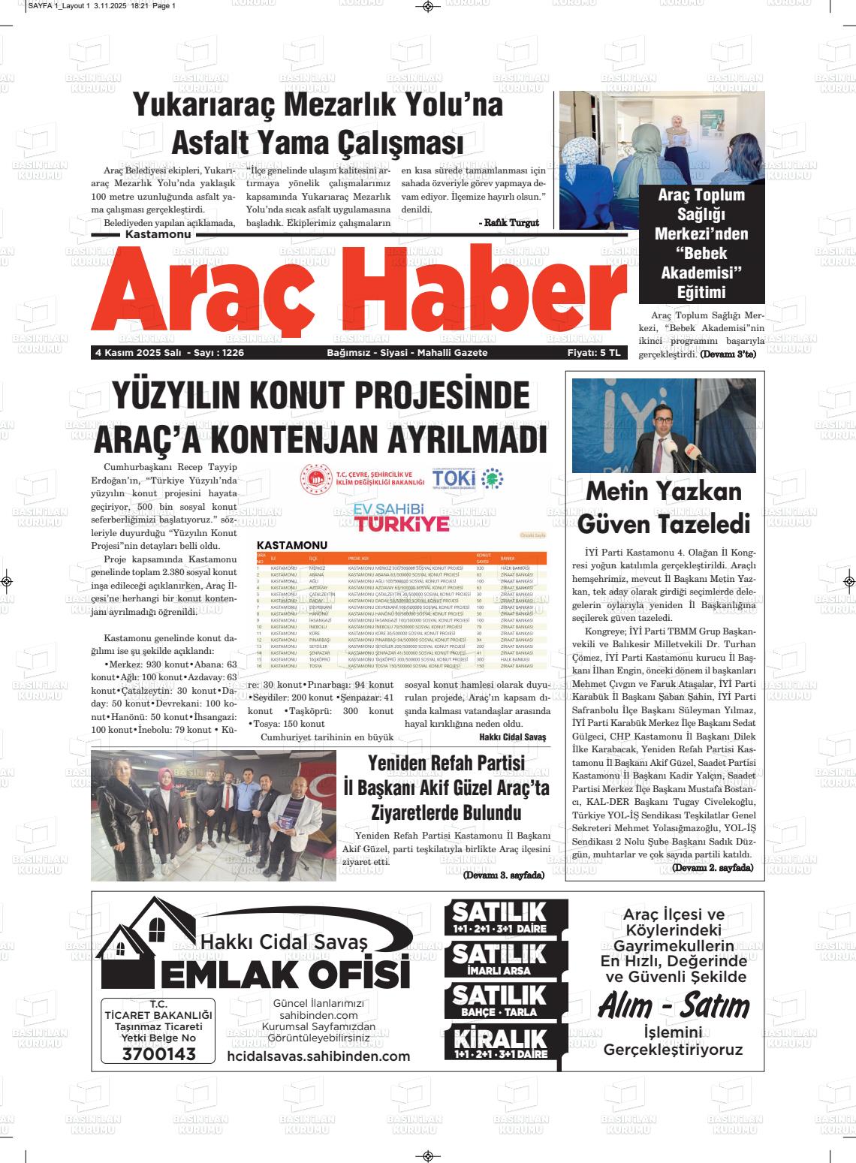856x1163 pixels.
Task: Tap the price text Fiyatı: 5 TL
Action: click(x=594, y=353)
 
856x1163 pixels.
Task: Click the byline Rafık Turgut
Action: click(x=509, y=223)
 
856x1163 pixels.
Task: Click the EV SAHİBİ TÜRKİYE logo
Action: click(x=402, y=518)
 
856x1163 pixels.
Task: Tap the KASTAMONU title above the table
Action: click(x=292, y=545)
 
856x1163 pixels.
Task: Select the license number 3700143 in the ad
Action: click(x=158, y=1054)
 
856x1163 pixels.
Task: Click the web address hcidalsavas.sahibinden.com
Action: click(x=318, y=1056)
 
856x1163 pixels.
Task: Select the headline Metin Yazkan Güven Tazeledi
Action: click(x=663, y=506)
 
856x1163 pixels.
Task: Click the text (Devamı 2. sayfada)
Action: click(x=712, y=868)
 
